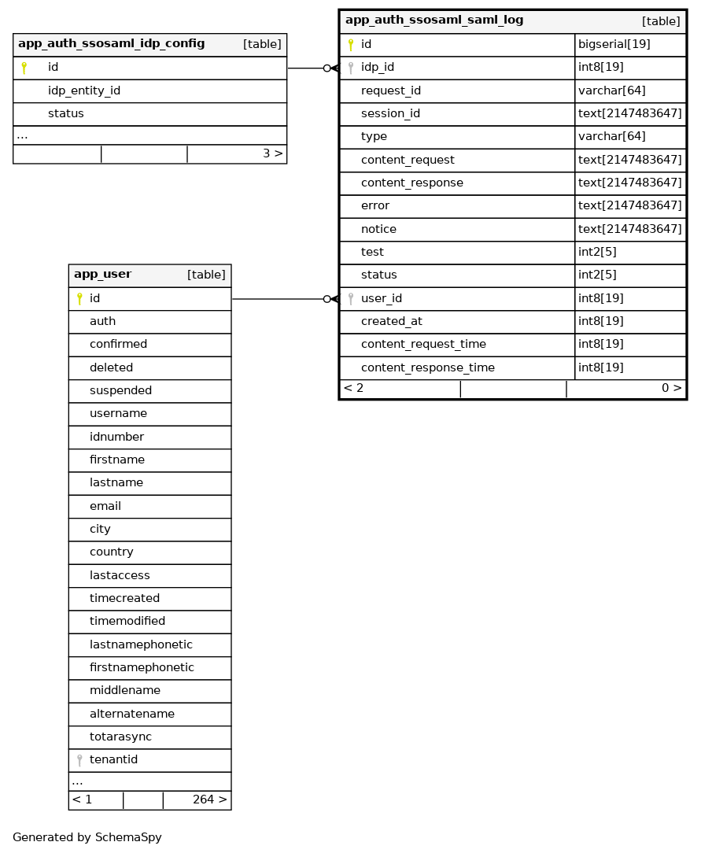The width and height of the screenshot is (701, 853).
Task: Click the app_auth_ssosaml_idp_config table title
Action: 111,44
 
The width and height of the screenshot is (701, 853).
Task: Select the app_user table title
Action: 102,275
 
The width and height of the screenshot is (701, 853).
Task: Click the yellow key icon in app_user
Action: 79,299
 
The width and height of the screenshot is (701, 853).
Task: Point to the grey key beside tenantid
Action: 79,760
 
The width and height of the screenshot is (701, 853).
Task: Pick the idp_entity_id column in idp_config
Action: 83,90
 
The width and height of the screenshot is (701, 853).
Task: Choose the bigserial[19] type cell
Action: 614,44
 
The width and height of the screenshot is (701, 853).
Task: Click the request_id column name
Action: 390,90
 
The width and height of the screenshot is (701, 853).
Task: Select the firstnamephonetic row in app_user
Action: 142,667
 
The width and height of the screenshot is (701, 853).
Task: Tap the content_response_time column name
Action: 427,367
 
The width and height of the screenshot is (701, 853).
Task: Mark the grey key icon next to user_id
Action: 351,299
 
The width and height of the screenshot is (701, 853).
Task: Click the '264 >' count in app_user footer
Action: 209,799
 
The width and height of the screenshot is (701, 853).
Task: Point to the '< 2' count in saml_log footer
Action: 354,388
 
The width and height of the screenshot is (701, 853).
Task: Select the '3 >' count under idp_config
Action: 272,153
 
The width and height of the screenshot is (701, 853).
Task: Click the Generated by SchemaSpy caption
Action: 87,837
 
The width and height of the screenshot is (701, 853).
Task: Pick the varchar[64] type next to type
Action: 611,136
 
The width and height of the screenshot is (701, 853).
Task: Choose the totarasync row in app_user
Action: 120,737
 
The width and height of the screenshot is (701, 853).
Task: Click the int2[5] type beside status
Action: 597,275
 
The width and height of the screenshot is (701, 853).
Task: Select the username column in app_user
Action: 118,413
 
